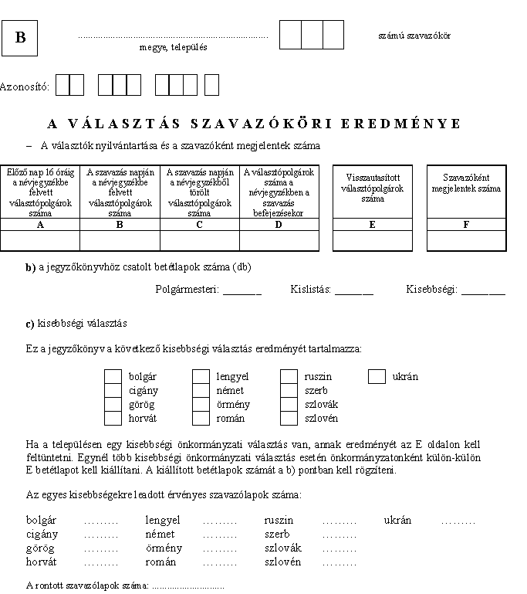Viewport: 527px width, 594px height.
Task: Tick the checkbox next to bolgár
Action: tap(113, 377)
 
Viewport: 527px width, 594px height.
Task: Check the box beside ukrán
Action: tap(377, 377)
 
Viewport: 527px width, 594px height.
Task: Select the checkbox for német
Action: tap(201, 391)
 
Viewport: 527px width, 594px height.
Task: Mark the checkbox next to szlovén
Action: tap(289, 419)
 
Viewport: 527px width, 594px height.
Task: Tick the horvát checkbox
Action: tap(113, 419)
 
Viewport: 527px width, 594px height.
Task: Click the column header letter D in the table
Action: tap(279, 224)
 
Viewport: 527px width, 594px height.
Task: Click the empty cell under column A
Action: tap(41, 240)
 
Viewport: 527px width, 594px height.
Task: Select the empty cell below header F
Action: tap(466, 240)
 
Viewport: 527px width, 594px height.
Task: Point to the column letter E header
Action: tap(372, 224)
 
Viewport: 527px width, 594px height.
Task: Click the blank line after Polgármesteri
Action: tap(242, 291)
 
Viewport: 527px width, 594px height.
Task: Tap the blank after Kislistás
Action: tap(354, 291)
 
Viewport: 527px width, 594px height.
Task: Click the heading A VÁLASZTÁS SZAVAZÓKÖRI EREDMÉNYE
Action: tap(254, 124)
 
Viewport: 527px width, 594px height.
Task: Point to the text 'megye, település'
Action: tap(173, 47)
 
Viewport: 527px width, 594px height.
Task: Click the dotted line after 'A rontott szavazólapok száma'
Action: tap(188, 588)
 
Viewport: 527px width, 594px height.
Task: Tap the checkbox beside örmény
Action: tap(201, 405)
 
